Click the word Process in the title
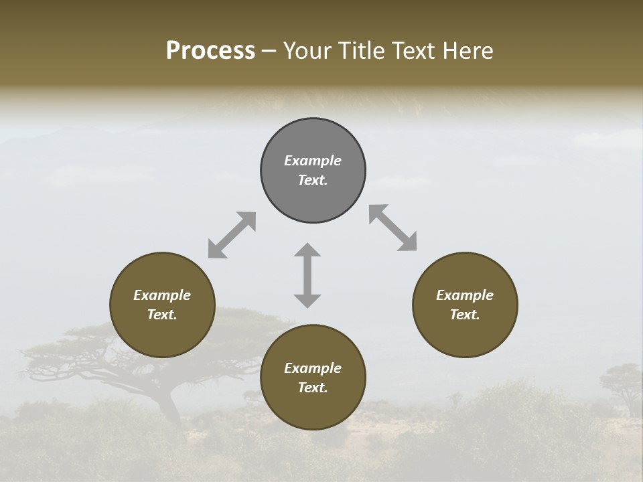[x=210, y=51]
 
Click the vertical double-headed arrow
[x=307, y=275]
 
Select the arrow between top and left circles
[x=232, y=235]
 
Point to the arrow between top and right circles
[x=393, y=228]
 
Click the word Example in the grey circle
[x=313, y=161]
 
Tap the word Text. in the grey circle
[x=313, y=180]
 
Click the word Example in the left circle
[x=162, y=295]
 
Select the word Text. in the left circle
[x=162, y=315]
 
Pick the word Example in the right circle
[x=465, y=295]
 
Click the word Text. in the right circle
[x=465, y=315]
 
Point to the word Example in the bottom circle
[x=313, y=368]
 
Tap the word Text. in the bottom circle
[x=313, y=388]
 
